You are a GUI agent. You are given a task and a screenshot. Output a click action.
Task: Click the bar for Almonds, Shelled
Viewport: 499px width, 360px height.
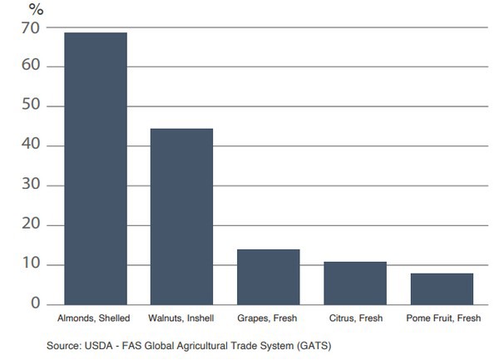pos(96,168)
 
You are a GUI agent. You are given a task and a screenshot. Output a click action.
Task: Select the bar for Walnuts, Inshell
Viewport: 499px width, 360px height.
pos(181,216)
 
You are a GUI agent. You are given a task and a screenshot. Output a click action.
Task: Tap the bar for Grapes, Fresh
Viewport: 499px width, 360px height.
pos(268,276)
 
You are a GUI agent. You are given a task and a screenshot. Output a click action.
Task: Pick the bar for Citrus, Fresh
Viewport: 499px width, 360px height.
pos(355,283)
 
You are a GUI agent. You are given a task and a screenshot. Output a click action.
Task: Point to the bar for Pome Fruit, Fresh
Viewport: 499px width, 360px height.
pos(442,288)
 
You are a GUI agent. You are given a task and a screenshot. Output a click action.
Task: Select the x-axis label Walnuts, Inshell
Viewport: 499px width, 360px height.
pos(181,319)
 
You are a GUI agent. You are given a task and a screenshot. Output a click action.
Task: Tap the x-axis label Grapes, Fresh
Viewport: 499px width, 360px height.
pos(268,319)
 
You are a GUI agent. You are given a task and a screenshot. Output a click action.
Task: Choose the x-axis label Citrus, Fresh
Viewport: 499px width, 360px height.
pos(355,319)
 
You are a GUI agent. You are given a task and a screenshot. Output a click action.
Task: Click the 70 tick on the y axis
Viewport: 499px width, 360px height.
pos(32,27)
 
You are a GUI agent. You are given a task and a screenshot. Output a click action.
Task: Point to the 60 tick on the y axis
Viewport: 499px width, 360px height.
pos(32,67)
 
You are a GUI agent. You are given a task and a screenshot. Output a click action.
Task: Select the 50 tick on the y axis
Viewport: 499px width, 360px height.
pos(32,106)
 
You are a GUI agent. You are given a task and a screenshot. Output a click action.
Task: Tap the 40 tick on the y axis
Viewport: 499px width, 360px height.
pos(32,146)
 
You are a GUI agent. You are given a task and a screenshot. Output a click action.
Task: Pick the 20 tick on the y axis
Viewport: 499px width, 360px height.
pos(32,225)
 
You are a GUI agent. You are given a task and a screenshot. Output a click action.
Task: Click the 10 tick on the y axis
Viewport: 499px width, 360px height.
pos(32,265)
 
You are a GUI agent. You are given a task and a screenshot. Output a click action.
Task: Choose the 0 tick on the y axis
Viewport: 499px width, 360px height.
pos(36,304)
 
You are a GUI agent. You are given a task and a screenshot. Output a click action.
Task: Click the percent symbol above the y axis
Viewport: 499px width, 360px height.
pos(36,9)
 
